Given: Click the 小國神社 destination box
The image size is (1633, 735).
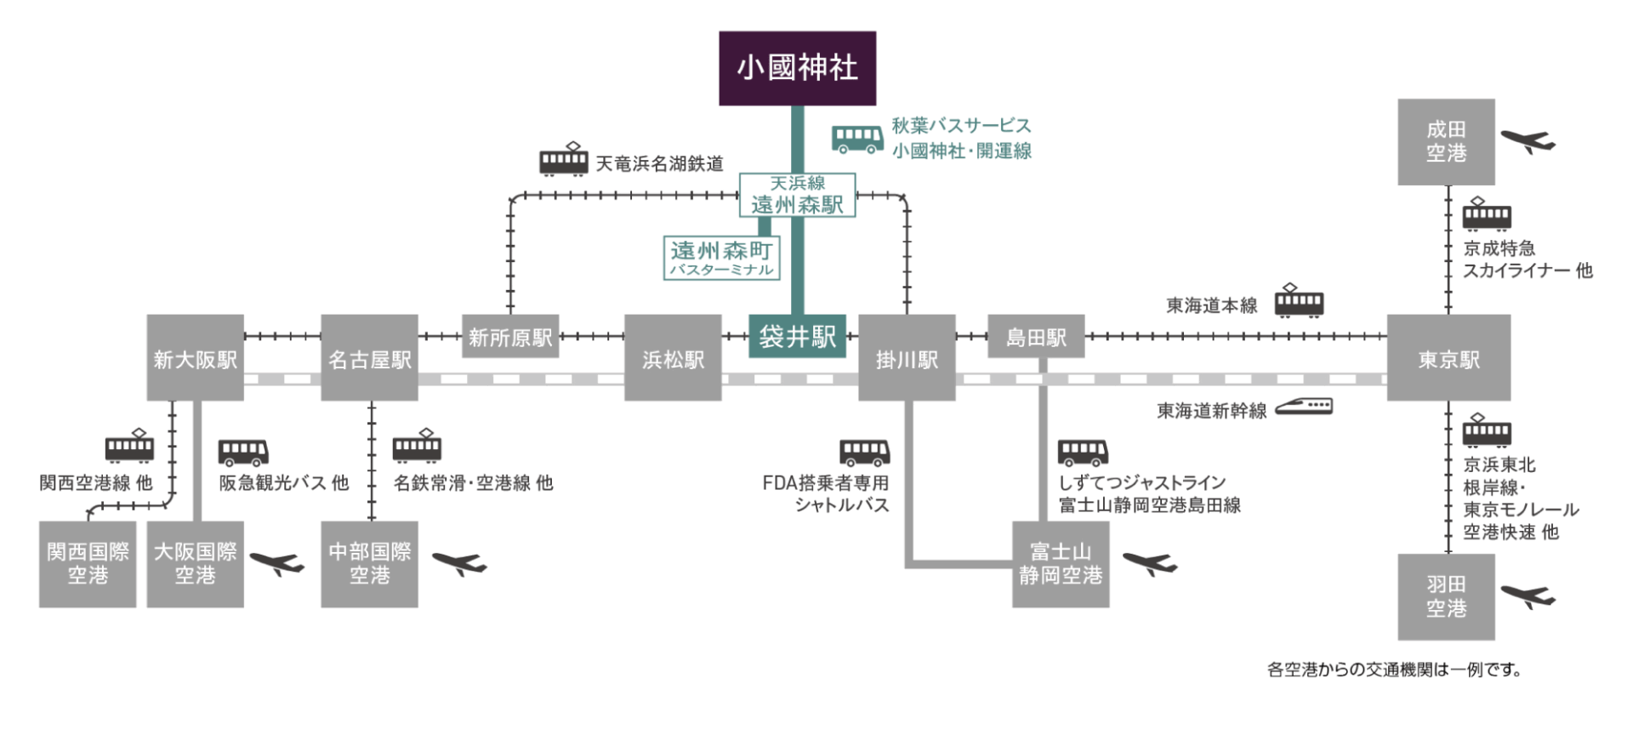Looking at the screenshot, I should tap(797, 68).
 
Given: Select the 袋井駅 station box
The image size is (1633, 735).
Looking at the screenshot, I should tap(797, 336).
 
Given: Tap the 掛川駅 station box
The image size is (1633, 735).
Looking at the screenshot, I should tap(907, 358).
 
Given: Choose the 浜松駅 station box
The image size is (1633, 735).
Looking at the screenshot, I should tap(673, 358).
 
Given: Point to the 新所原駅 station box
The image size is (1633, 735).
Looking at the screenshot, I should tap(510, 337).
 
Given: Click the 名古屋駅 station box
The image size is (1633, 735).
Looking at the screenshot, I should tap(369, 358).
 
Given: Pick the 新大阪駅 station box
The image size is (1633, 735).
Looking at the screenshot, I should tap(195, 358).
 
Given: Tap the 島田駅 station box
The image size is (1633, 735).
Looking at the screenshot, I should tap(1036, 337).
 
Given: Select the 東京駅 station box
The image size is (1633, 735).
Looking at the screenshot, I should tap(1448, 358).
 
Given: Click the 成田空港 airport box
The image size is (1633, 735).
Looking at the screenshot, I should tap(1446, 141).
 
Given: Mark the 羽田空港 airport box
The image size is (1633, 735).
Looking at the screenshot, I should tap(1446, 596).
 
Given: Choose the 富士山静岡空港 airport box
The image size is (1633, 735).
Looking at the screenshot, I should tap(1061, 564).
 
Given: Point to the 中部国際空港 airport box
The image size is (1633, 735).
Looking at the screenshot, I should tap(369, 564).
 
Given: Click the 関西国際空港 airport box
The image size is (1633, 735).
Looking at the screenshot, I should tap(88, 564).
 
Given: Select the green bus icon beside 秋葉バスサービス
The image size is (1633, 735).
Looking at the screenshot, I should tap(857, 139).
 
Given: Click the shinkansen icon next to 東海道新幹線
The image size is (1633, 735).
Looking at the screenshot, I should tap(1304, 406).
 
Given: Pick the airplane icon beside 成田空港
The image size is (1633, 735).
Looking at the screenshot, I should tap(1528, 140).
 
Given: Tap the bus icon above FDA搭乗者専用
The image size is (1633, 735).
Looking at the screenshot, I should tap(865, 452).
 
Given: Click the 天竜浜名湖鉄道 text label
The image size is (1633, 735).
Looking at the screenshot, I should tap(659, 163).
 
